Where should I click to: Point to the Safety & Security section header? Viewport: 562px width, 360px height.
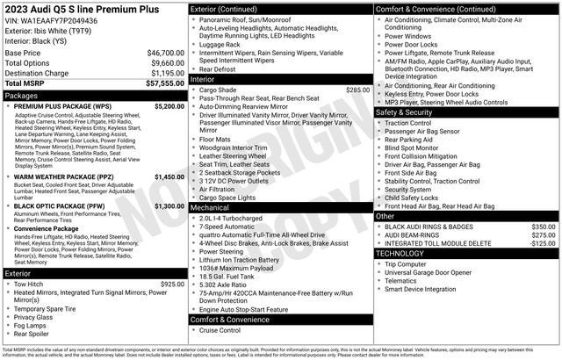[404, 112]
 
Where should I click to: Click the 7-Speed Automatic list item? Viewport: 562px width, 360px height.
[232, 226]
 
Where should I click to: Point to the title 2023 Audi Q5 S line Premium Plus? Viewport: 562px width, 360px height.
[80, 9]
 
